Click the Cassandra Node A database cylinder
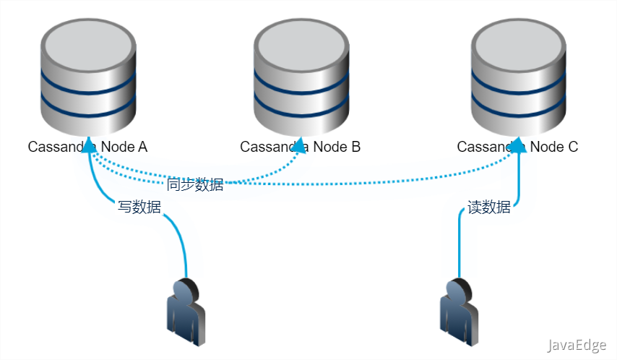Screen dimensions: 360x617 tap(88, 80)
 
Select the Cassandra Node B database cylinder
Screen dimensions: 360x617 tap(301, 80)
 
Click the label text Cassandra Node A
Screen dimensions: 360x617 tap(87, 147)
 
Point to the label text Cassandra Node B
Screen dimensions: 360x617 tap(300, 147)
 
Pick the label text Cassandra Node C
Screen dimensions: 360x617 tap(517, 147)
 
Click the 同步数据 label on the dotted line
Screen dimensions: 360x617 tap(195, 184)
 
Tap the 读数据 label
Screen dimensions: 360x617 tap(489, 207)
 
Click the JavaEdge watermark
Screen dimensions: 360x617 tap(577, 346)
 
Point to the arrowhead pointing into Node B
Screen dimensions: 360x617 tap(301, 145)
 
